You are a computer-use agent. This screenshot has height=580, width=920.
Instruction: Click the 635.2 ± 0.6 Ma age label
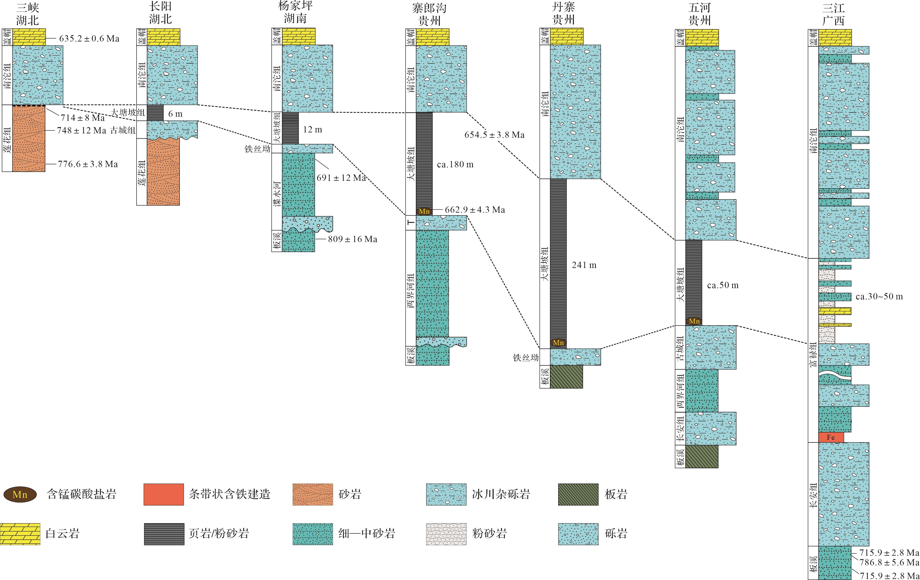tap(89, 39)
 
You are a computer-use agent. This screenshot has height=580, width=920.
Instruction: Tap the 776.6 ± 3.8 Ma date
tap(88, 164)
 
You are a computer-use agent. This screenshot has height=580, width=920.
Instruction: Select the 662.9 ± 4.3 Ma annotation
tap(475, 210)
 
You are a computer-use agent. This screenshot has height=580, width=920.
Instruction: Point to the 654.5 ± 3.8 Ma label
tap(494, 135)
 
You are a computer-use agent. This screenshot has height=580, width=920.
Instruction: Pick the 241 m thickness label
tap(584, 265)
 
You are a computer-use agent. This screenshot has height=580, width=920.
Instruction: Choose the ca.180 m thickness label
tap(455, 165)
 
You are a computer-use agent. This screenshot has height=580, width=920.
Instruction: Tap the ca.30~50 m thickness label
tap(879, 296)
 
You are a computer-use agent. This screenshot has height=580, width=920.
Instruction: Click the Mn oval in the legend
tap(20, 494)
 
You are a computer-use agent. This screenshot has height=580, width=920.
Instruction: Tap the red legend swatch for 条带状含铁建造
tap(163, 494)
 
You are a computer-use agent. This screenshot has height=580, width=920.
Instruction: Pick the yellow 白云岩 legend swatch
tap(20, 534)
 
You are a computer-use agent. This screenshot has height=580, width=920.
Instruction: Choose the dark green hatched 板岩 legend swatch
tap(578, 494)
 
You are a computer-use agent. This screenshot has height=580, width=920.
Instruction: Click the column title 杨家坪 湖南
tap(295, 12)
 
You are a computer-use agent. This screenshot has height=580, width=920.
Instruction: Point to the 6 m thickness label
tap(175, 114)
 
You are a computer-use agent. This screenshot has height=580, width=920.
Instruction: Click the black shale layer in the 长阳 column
tap(155, 113)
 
